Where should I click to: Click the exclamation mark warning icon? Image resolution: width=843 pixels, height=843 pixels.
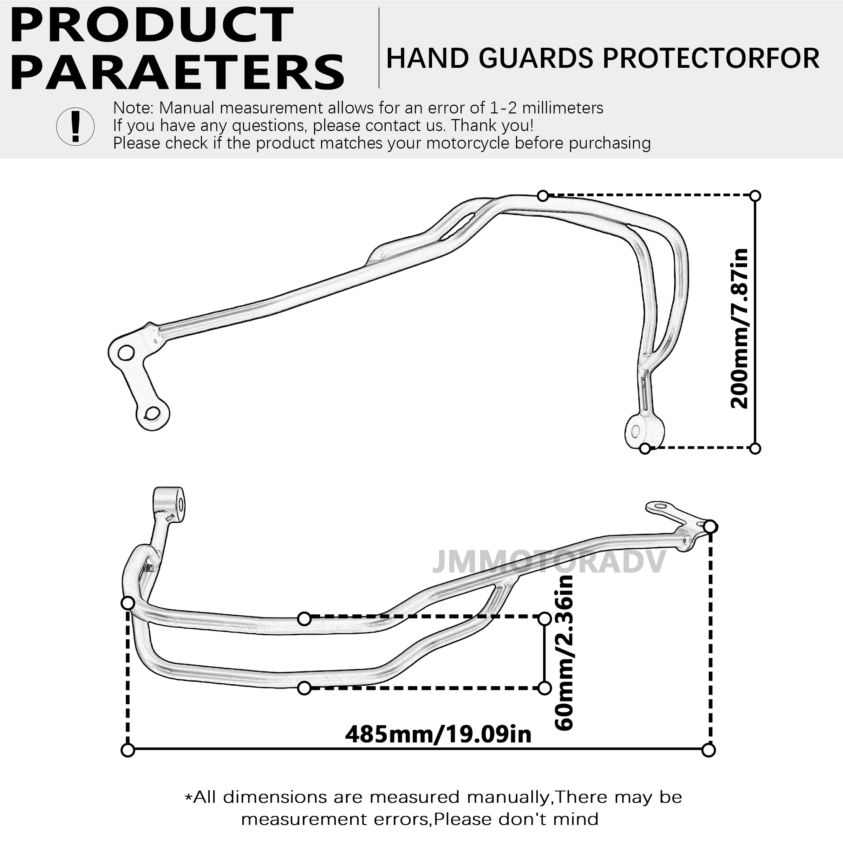coord(76,126)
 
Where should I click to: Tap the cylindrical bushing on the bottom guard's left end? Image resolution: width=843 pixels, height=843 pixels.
coord(169,504)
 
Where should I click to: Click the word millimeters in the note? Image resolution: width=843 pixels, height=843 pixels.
coord(563,108)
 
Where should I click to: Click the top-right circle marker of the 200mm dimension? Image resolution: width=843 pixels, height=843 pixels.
coord(755,196)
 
